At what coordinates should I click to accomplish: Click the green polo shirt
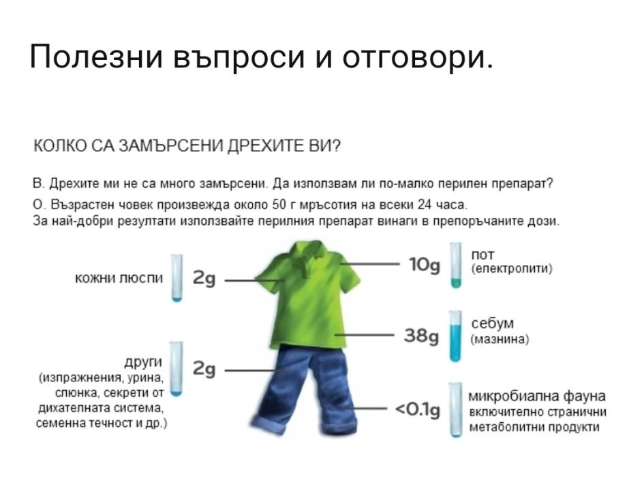[307, 296]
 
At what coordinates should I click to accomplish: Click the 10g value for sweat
[425, 265]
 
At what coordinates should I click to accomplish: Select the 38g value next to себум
[421, 336]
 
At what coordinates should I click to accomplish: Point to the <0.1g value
[417, 409]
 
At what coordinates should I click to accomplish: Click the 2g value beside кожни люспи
[204, 279]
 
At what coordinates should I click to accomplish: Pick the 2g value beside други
[204, 369]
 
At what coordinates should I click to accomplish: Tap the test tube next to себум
[455, 336]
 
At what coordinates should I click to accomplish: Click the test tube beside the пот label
[455, 265]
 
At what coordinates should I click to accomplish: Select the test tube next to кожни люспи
[177, 278]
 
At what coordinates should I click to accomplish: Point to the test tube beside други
[176, 369]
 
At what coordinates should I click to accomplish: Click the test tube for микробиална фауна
[455, 409]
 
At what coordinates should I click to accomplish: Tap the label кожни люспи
[119, 279]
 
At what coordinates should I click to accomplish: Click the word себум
[492, 324]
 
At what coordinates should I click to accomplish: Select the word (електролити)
[511, 269]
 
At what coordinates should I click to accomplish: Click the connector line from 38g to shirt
[365, 335]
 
